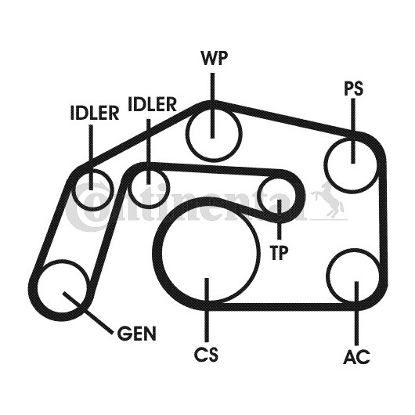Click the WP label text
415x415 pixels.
tap(214, 58)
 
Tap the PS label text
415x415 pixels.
tap(354, 88)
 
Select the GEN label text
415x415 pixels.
tap(136, 334)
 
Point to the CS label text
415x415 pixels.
tap(207, 355)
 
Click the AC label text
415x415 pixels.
tap(356, 356)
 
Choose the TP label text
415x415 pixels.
tap(279, 252)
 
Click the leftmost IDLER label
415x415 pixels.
tap(95, 113)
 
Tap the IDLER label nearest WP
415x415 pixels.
tap(152, 104)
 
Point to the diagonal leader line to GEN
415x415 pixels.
tap(87, 312)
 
